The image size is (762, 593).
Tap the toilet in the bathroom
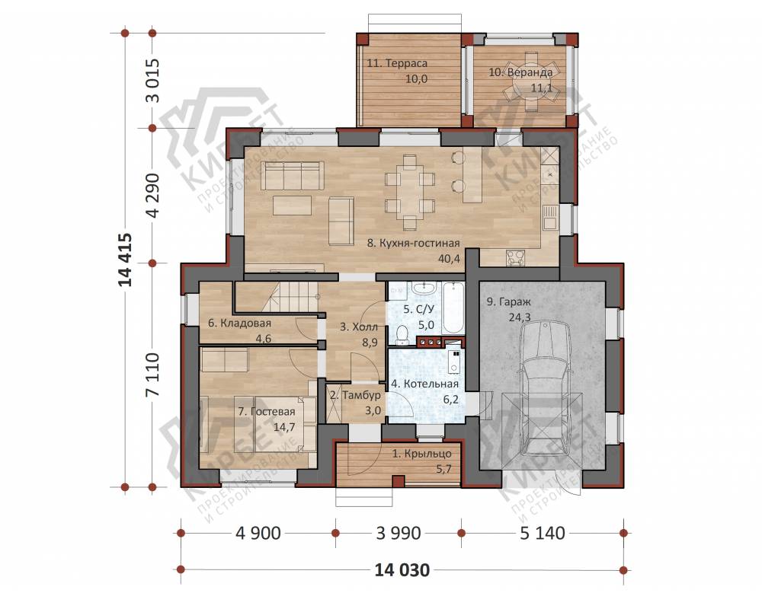pyautogui.click(x=402, y=334)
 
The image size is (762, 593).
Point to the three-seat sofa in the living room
pyautogui.click(x=293, y=175)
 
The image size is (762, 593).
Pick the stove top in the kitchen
pyautogui.click(x=516, y=257)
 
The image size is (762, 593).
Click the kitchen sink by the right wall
pyautogui.click(x=549, y=216)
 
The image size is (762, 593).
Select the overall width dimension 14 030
pyautogui.click(x=402, y=569)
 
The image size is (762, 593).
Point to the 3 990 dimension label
pyautogui.click(x=399, y=534)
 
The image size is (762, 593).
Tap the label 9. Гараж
pyautogui.click(x=509, y=301)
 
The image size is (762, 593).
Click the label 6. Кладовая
pyautogui.click(x=239, y=323)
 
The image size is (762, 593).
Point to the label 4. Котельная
pyautogui.click(x=424, y=384)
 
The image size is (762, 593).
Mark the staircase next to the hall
pyautogui.click(x=278, y=297)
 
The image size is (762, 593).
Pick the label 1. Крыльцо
pyautogui.click(x=422, y=454)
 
